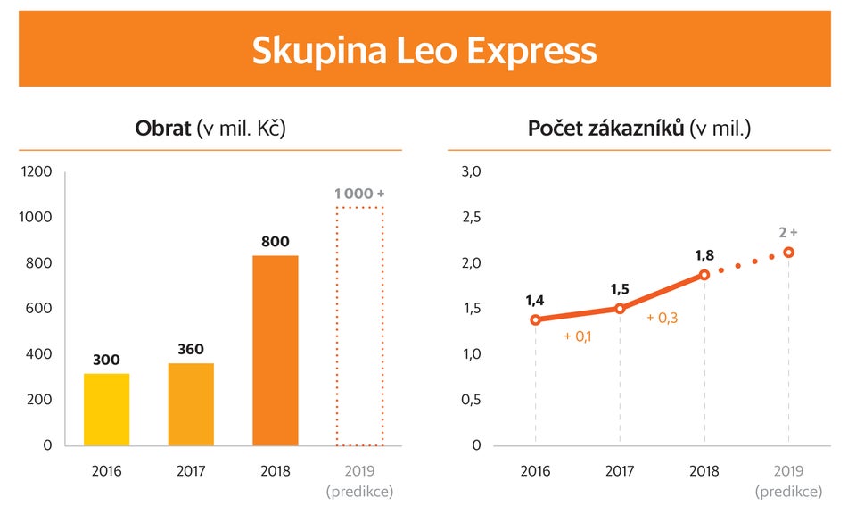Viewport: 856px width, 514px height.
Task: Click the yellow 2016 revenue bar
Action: coord(106,410)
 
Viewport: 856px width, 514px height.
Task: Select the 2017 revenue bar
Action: coord(191,404)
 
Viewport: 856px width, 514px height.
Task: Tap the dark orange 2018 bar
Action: coord(276,350)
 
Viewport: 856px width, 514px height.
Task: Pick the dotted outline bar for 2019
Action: coord(359,327)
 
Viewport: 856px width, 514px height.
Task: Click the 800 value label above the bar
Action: coord(276,241)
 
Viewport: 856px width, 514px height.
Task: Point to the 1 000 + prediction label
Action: coord(359,194)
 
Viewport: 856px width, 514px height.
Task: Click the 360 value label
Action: coord(191,349)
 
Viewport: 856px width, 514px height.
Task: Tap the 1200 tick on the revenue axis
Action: coord(37,171)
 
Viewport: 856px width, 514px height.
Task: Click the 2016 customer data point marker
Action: coord(535,319)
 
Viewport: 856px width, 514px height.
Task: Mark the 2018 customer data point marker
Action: coord(704,275)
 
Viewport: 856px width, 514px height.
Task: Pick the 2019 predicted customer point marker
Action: coord(788,253)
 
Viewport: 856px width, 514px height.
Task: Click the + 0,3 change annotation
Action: coord(663,317)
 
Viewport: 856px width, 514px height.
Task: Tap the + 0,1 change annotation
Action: coord(579,336)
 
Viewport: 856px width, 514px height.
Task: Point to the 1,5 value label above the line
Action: coord(620,289)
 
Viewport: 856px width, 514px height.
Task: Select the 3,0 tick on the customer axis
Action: coord(470,171)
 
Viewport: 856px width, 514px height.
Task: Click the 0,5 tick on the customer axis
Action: coord(470,399)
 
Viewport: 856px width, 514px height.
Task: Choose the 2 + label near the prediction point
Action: coord(787,232)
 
